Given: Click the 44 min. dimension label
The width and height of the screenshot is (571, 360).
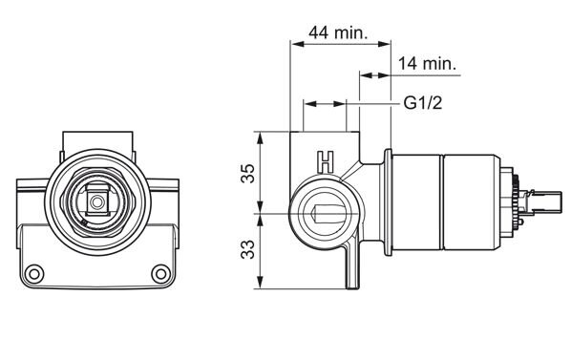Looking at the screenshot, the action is click(338, 32).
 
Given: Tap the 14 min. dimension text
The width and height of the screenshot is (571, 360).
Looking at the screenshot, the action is click(427, 64).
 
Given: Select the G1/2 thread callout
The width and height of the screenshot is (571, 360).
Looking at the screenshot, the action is click(423, 103).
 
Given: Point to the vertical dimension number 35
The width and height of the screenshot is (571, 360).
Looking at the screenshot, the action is click(248, 173).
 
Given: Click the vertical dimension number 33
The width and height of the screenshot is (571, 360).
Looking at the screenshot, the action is click(248, 249).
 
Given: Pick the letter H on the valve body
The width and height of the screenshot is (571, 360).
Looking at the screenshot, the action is click(326, 162).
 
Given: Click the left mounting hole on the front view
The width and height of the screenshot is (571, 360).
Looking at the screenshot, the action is click(34, 273).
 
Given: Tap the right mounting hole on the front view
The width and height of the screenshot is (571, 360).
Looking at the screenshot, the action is click(160, 273).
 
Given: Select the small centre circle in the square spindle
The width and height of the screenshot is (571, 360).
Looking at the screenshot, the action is click(97, 202).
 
